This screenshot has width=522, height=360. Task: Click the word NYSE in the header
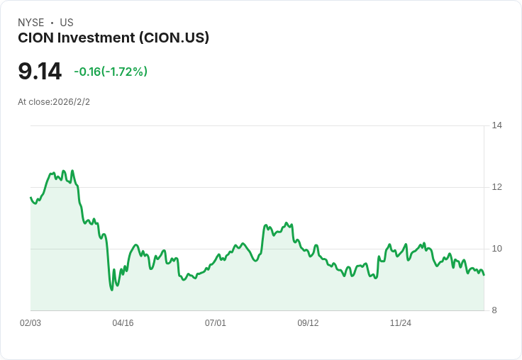coord(30,23)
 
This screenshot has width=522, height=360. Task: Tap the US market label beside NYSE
coord(67,23)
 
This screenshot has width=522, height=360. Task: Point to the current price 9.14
coord(40,72)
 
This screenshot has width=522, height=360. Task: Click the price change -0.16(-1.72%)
coord(111,72)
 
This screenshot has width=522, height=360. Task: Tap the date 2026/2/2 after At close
coord(72,102)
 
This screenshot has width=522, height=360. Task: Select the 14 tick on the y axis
coord(497,125)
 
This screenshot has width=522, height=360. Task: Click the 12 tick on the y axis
coord(497,187)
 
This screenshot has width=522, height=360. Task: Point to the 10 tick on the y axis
coord(497,249)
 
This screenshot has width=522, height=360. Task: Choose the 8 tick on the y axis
coord(495,310)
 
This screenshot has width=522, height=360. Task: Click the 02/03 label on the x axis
coord(30,323)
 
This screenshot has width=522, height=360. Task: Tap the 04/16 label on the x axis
coord(123,323)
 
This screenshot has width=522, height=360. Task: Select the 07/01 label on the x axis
coord(216,323)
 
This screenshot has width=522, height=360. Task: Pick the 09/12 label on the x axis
coord(308,323)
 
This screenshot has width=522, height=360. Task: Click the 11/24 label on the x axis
coord(401,323)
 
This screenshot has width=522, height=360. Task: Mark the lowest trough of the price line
coord(111,289)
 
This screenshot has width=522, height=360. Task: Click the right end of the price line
coord(484,275)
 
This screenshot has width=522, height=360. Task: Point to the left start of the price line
coord(30,198)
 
